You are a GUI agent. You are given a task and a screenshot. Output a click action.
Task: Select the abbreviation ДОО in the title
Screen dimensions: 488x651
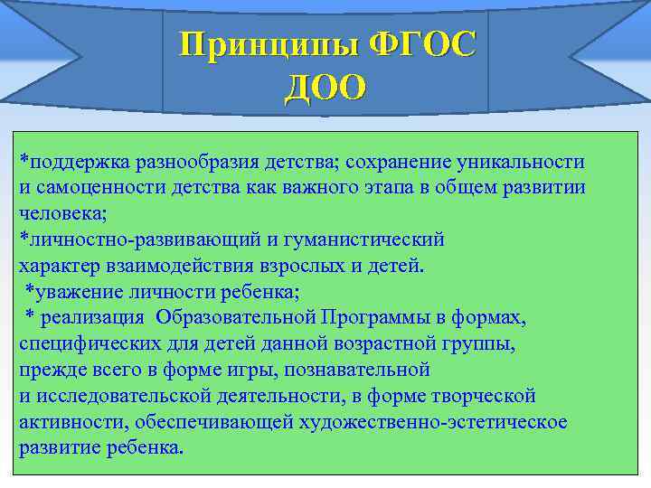pyautogui.click(x=325, y=87)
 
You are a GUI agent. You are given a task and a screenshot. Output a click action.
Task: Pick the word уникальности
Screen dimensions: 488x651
pyautogui.click(x=524, y=162)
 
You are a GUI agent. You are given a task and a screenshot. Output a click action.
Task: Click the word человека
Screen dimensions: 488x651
pyautogui.click(x=56, y=213)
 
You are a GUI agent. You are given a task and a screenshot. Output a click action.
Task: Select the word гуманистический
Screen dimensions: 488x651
pyautogui.click(x=372, y=239)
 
